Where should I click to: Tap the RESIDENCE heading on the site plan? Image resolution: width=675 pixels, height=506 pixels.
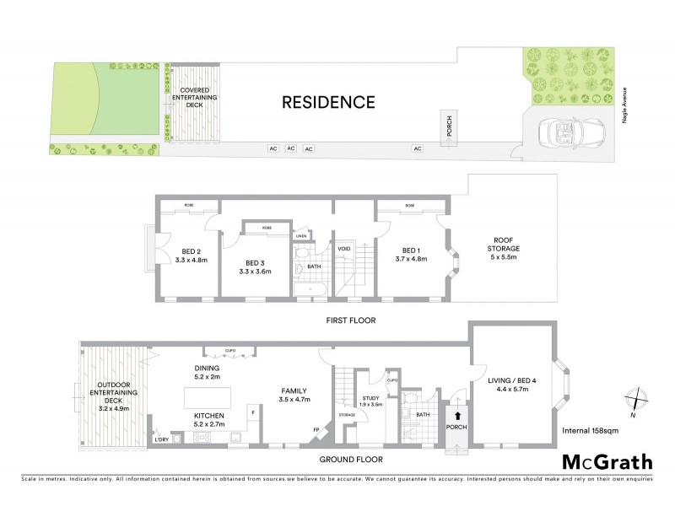click(x=327, y=103)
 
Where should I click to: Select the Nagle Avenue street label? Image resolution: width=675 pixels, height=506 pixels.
click(x=625, y=106)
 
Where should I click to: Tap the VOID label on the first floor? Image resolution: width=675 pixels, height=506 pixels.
click(x=343, y=249)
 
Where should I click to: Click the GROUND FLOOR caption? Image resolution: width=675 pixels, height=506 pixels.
click(x=349, y=460)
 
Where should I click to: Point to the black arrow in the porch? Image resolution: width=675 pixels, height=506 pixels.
click(x=456, y=415)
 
